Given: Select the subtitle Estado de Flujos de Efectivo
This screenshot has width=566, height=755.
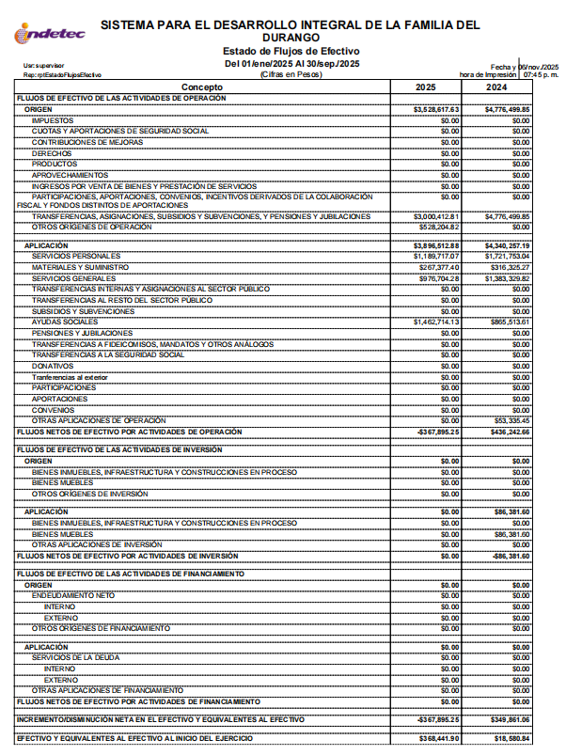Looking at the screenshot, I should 291,51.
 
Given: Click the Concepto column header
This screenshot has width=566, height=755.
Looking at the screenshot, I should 202,87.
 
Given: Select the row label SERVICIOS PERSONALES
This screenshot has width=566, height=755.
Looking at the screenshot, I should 76,256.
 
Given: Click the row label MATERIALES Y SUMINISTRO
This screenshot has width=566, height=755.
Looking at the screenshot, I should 81,267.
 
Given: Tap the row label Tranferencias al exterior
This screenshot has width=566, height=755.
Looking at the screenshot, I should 70,377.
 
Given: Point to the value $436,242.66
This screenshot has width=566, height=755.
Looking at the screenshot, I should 510,432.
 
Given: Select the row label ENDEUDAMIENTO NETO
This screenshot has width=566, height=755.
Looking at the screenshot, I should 73,596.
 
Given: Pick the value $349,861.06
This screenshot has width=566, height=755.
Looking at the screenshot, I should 510,719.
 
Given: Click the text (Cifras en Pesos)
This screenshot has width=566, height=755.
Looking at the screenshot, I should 291,73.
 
